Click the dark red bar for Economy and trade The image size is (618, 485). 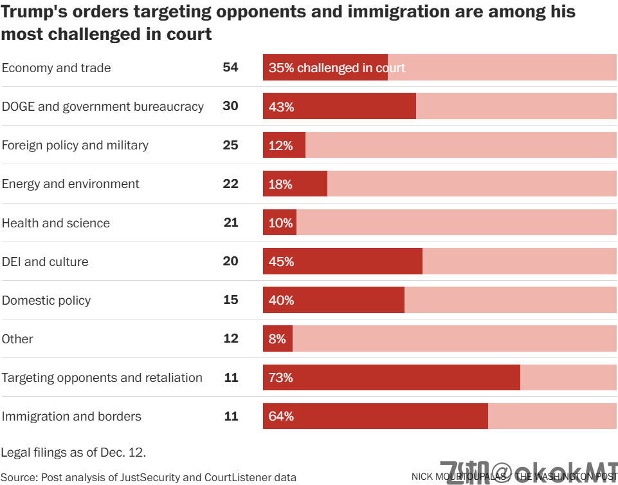point(325,68)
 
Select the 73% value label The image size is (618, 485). point(281,377)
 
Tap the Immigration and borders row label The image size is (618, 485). point(71,416)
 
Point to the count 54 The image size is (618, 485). point(230,68)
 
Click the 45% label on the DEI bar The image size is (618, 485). point(281,262)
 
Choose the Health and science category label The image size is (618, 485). point(56,223)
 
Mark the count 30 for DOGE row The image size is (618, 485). point(230,106)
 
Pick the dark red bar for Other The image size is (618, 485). point(278,339)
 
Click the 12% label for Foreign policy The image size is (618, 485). point(280,146)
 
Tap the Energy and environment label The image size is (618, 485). point(71,184)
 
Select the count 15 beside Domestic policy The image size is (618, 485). point(230,300)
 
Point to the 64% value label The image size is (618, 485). point(281,416)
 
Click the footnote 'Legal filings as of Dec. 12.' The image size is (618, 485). point(73,452)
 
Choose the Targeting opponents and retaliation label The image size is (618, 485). point(102,377)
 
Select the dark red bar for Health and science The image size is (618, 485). point(280,223)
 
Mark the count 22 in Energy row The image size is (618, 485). point(230,184)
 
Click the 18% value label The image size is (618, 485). point(280,184)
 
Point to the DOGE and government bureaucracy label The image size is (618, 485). point(103,106)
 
